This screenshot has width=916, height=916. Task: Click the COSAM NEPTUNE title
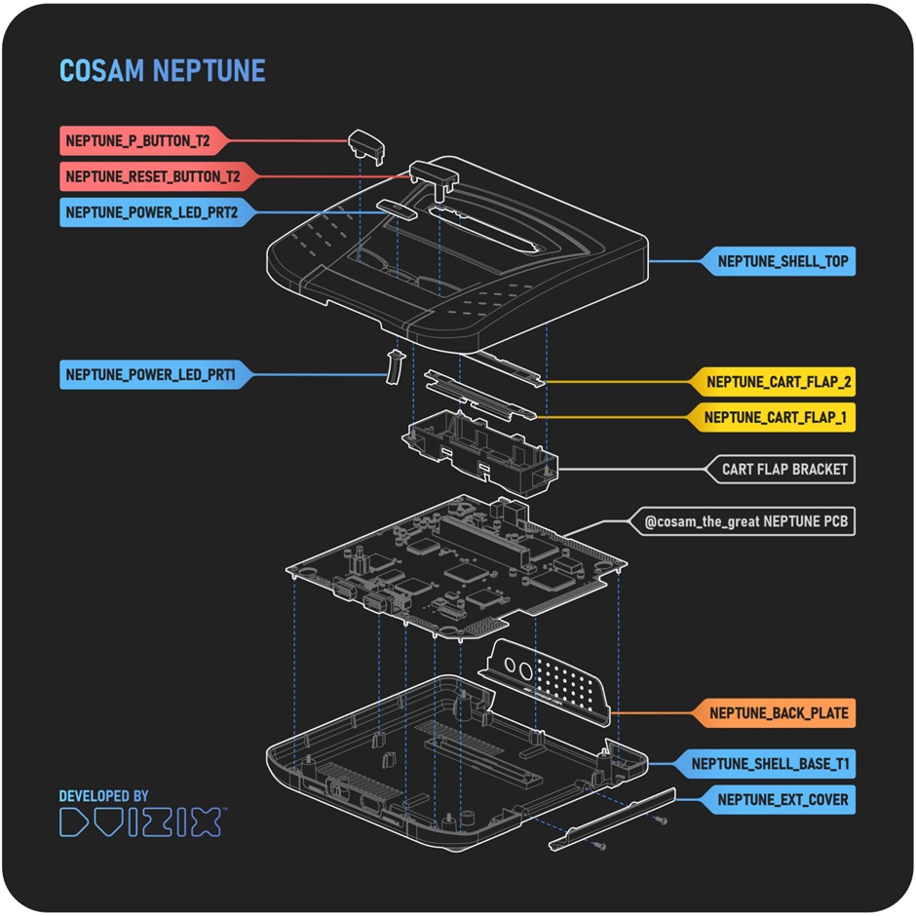tap(162, 71)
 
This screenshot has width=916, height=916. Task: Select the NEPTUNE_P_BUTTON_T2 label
tap(138, 141)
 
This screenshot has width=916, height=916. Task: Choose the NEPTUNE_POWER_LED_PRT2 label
tap(151, 211)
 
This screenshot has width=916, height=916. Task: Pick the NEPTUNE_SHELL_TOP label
tap(782, 261)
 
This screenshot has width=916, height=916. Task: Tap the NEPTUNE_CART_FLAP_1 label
tap(775, 418)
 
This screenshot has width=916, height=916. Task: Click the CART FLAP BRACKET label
tap(784, 470)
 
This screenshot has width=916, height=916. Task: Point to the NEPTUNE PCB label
tap(746, 522)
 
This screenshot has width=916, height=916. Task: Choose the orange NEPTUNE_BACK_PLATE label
tap(779, 713)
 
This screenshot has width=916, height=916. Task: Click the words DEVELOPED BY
tap(104, 796)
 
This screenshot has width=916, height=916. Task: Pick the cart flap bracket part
tap(477, 451)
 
